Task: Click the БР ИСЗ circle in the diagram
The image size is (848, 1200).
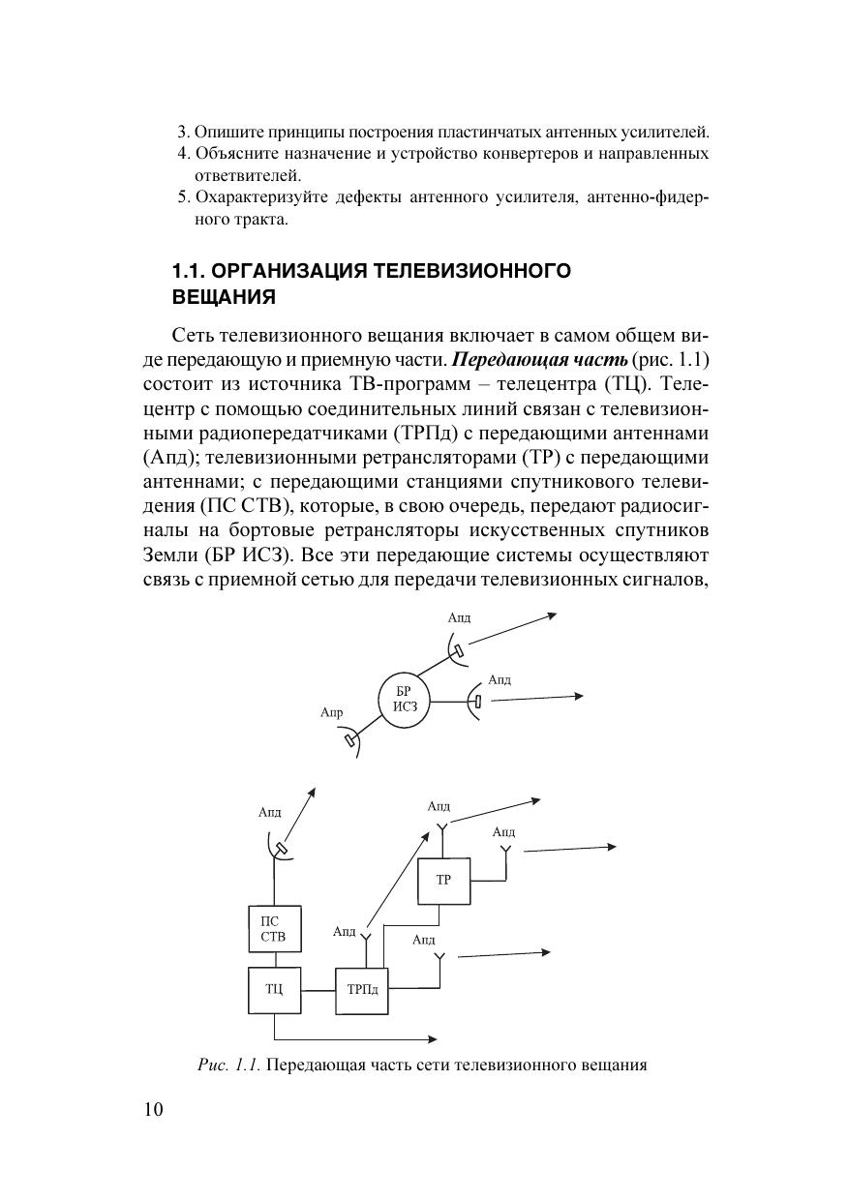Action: (404, 698)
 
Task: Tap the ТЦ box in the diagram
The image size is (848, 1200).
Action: (274, 990)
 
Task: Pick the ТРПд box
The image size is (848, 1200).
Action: (361, 990)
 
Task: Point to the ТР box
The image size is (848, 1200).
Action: (443, 880)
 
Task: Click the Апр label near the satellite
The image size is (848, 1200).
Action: (331, 713)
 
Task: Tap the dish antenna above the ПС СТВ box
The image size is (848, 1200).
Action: (278, 849)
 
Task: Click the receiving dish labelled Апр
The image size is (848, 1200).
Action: (350, 741)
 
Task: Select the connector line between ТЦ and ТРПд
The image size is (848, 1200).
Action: (318, 990)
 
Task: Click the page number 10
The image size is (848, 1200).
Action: (154, 1110)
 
